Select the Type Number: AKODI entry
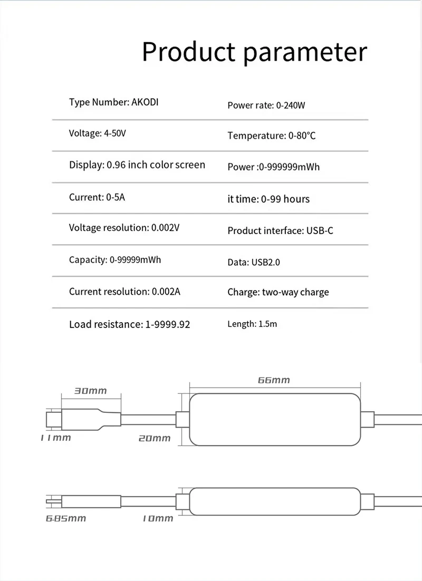click(x=113, y=102)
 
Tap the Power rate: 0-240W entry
click(x=266, y=105)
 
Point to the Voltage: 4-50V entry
click(x=98, y=133)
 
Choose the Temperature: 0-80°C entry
click(x=272, y=136)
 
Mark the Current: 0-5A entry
click(x=97, y=198)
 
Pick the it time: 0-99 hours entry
click(x=268, y=199)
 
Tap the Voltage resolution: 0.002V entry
click(x=124, y=228)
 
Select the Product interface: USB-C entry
click(x=280, y=231)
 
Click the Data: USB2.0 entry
click(x=254, y=262)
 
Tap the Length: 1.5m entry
click(x=252, y=324)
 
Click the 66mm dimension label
click(x=274, y=380)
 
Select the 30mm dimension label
click(x=90, y=391)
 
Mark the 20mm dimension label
click(x=155, y=438)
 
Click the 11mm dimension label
click(x=55, y=438)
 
